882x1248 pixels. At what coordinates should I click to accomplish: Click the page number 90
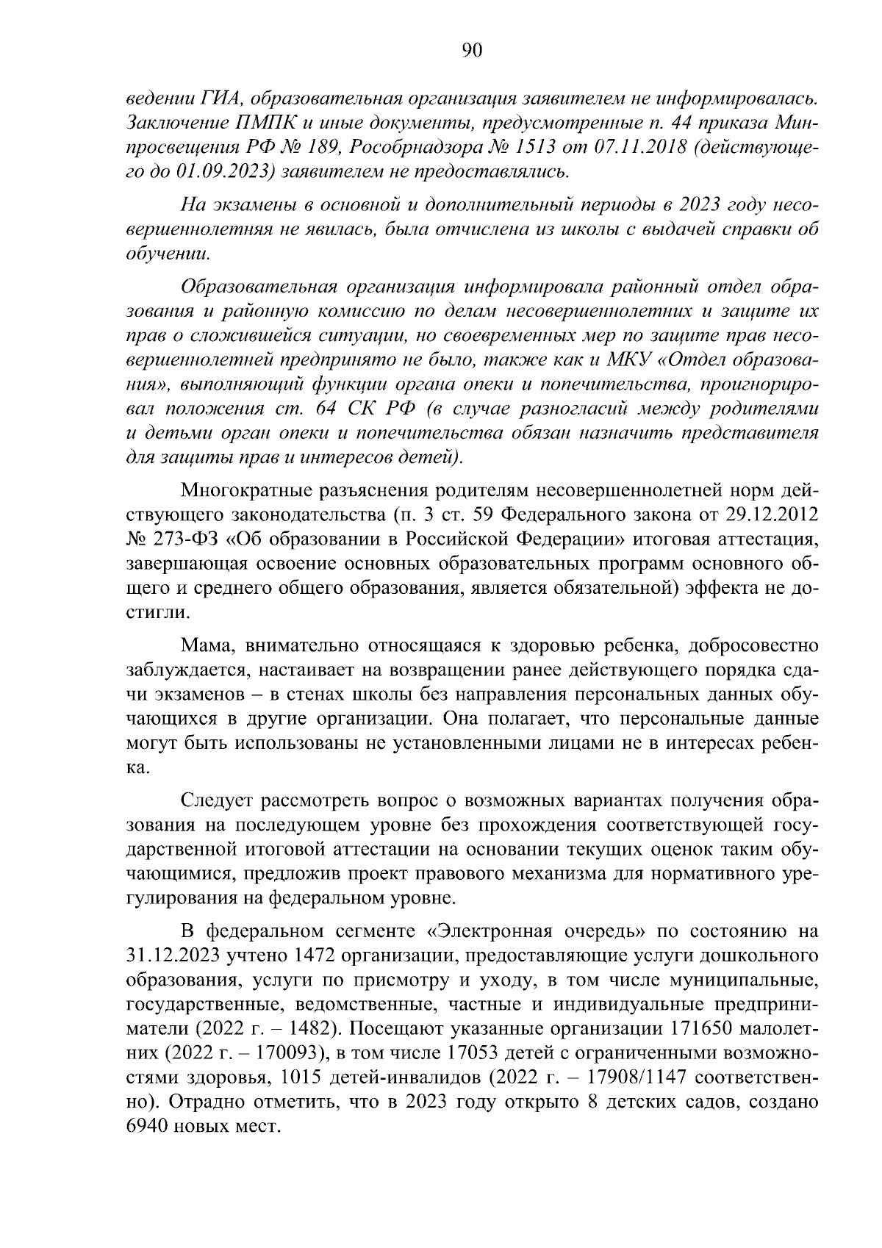(471, 50)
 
